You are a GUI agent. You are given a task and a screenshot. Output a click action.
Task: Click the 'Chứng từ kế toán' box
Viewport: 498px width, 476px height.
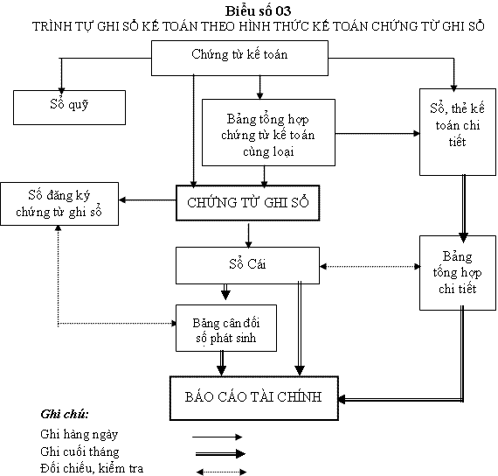pyautogui.click(x=239, y=59)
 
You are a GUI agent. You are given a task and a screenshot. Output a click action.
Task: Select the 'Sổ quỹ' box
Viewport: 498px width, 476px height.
pyautogui.click(x=69, y=108)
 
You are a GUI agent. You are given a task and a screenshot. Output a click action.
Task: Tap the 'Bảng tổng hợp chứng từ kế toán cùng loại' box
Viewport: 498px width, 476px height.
pyautogui.click(x=268, y=133)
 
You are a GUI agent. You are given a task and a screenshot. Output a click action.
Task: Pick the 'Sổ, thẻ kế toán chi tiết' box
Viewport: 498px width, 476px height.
pyautogui.click(x=457, y=132)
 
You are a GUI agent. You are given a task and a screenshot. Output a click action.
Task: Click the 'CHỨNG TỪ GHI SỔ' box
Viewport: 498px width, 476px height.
pyautogui.click(x=248, y=203)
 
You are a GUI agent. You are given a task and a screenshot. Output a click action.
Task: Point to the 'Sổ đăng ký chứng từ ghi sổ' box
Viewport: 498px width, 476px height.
pyautogui.click(x=59, y=204)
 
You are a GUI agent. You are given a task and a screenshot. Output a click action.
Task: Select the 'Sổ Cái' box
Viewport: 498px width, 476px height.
pyautogui.click(x=247, y=265)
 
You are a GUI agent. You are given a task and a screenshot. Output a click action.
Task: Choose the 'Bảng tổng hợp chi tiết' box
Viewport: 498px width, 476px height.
pyautogui.click(x=457, y=273)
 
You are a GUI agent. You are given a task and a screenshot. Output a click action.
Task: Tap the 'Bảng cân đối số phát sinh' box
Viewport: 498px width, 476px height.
pyautogui.click(x=226, y=328)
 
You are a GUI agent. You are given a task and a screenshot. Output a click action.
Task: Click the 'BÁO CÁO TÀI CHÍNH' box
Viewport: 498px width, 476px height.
pyautogui.click(x=253, y=398)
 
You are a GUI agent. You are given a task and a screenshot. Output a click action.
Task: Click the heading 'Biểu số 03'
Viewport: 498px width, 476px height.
pyautogui.click(x=258, y=11)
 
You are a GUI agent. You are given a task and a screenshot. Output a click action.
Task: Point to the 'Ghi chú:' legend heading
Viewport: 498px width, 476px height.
pyautogui.click(x=65, y=414)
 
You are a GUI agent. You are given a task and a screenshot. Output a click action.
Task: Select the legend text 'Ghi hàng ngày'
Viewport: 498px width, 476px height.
pyautogui.click(x=80, y=434)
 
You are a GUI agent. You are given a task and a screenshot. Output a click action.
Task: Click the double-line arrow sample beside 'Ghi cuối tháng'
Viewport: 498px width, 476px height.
pyautogui.click(x=220, y=453)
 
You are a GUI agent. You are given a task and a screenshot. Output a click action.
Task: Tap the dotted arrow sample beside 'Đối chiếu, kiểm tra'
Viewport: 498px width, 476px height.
pyautogui.click(x=221, y=472)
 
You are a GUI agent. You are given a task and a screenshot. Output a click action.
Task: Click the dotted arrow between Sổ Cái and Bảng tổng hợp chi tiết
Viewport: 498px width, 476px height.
pyautogui.click(x=370, y=266)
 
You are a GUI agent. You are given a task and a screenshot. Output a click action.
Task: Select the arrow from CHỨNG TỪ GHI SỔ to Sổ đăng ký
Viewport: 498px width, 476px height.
pyautogui.click(x=148, y=200)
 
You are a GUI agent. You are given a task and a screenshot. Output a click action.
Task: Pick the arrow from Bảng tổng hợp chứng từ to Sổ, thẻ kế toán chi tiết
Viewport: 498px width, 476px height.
pyautogui.click(x=377, y=134)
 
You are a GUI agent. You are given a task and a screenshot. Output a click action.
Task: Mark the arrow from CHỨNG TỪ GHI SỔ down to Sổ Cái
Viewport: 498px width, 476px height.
pyautogui.click(x=249, y=235)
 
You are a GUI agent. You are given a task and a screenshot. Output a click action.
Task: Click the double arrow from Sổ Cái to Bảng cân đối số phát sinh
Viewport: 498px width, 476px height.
pyautogui.click(x=225, y=292)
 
